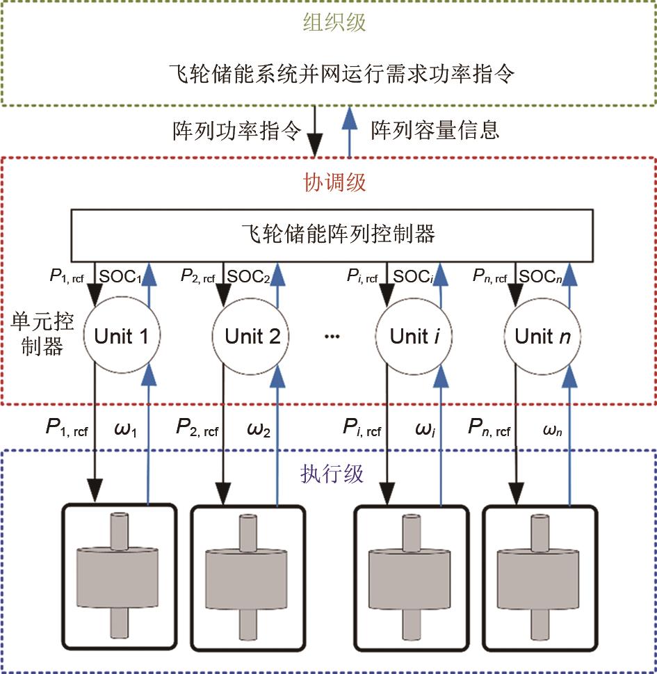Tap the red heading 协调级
tap(334, 182)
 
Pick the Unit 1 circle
tap(121, 337)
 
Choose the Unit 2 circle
tap(252, 337)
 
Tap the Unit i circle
tap(415, 337)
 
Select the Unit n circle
tap(542, 337)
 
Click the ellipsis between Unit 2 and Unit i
tap(332, 337)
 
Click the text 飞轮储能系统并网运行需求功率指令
tap(342, 74)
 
